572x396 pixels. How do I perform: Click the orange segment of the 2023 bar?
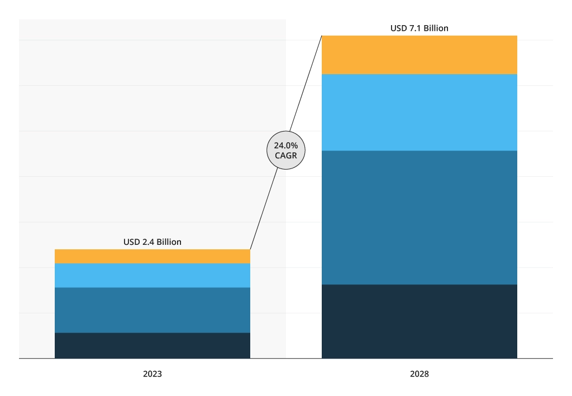(x=152, y=256)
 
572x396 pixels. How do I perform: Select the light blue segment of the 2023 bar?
(x=152, y=275)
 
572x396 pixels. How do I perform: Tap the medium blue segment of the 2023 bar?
(x=152, y=310)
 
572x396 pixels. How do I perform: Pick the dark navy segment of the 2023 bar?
(x=152, y=345)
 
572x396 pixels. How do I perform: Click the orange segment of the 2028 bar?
(x=419, y=55)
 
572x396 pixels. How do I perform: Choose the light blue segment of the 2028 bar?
(x=419, y=112)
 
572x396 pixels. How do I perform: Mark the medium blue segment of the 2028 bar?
(x=419, y=218)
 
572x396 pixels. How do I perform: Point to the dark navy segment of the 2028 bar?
(x=419, y=321)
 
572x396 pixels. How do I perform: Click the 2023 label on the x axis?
(x=152, y=374)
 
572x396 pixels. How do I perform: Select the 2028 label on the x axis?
(x=419, y=374)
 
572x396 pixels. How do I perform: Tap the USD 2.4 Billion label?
(x=152, y=242)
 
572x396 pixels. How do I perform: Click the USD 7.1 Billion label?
(x=419, y=28)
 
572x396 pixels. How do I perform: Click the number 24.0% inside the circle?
(x=286, y=146)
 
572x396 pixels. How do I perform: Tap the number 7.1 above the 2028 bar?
(x=415, y=28)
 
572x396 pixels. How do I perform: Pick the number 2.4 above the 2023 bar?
(x=148, y=242)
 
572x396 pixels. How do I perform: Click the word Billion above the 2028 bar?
(x=436, y=28)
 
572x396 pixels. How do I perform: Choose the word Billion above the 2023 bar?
(x=169, y=242)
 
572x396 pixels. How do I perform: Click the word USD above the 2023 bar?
(x=132, y=242)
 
